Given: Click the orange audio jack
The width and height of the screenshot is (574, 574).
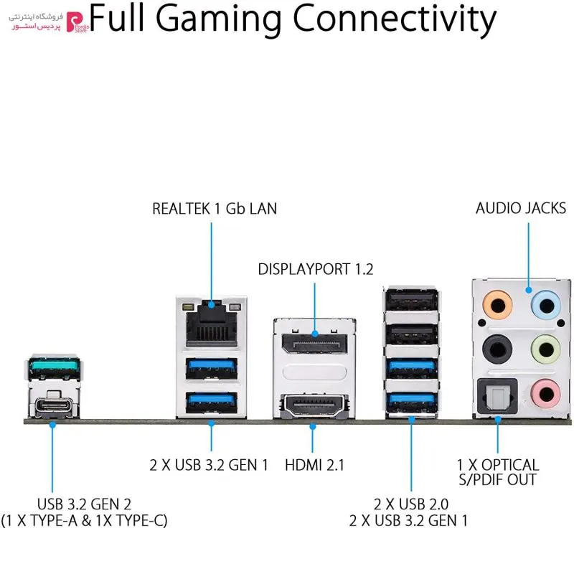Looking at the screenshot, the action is pos(497,305).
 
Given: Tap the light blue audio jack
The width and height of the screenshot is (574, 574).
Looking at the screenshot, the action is pos(546,305).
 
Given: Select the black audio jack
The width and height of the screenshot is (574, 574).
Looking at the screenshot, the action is pos(497,349).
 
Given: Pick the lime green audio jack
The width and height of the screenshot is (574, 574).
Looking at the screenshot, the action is pos(546,349).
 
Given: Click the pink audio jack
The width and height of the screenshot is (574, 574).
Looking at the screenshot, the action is pos(546,394).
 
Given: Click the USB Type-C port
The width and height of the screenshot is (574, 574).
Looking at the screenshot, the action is pos(54,405).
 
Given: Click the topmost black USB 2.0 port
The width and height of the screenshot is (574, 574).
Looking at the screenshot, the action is pos(411,300).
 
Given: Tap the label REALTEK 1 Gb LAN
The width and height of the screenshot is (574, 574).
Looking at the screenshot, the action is pos(215,209).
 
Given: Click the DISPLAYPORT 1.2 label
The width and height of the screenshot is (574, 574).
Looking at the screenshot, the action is pos(316,270).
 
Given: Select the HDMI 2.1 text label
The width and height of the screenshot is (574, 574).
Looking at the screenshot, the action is pos(314,465).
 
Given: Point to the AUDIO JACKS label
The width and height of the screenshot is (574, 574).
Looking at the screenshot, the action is pos(521,208).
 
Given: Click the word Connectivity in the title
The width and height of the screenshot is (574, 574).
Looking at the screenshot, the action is pos(395,20).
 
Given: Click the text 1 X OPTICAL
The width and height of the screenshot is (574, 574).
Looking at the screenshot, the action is pos(498,465).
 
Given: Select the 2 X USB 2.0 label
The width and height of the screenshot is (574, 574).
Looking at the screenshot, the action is pos(410,504).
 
